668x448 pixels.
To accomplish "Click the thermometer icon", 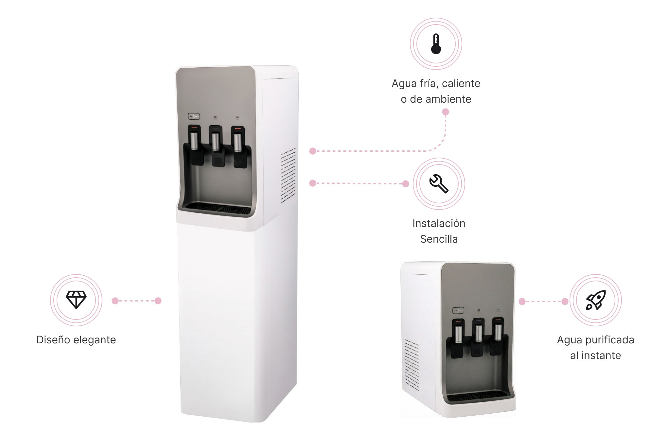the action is (436, 44).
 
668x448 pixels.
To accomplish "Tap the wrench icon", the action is (439, 183).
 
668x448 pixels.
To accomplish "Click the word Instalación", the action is (439, 223).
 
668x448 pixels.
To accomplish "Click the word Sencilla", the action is (439, 239).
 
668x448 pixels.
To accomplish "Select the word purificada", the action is (610, 340).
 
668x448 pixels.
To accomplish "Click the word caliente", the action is (461, 83).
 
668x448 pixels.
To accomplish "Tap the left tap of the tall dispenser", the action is (194, 141).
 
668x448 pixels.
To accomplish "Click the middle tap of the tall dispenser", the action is (216, 141).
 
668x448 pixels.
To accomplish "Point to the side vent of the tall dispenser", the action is (288, 175).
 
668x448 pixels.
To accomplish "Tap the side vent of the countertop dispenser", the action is (412, 365).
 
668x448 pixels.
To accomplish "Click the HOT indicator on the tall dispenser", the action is (194, 116).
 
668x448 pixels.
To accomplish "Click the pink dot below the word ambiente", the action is (446, 112).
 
